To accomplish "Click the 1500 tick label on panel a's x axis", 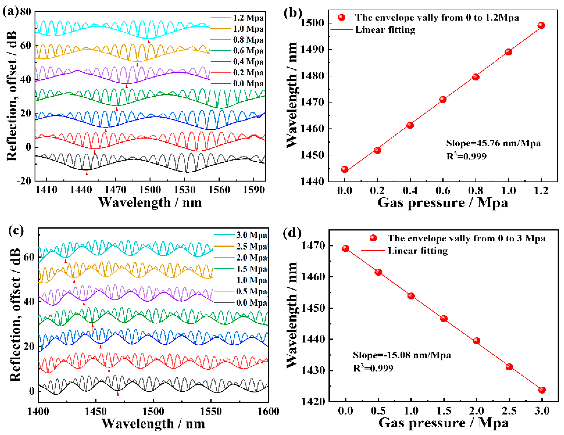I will pos(150,190).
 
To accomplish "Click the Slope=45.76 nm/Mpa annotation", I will pos(493,143).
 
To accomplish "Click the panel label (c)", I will pos(16,230).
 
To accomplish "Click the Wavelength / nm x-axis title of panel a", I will pos(150,202).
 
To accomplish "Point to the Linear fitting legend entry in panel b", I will pos(385,30).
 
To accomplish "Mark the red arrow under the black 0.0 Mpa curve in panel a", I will pos(87,173).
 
